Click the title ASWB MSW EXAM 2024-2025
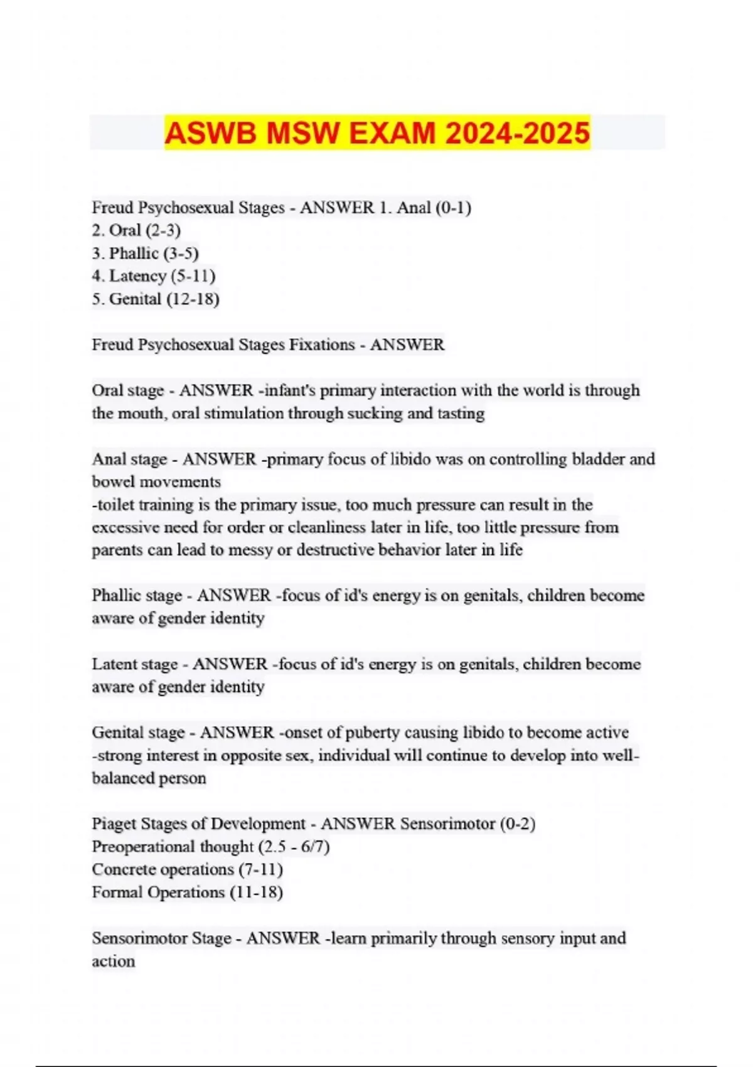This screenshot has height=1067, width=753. coord(376,133)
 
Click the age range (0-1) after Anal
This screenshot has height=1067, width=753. coord(453,208)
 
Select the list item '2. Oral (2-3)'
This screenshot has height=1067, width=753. coord(136,230)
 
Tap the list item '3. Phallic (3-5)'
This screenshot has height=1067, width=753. coord(145,254)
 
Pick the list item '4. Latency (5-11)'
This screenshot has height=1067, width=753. coord(154,276)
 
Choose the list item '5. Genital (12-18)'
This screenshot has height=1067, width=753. coord(156,299)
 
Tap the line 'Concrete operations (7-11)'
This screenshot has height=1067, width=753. coord(187,870)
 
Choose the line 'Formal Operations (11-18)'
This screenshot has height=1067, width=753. coord(187,893)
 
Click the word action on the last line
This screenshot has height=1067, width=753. coord(113,962)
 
